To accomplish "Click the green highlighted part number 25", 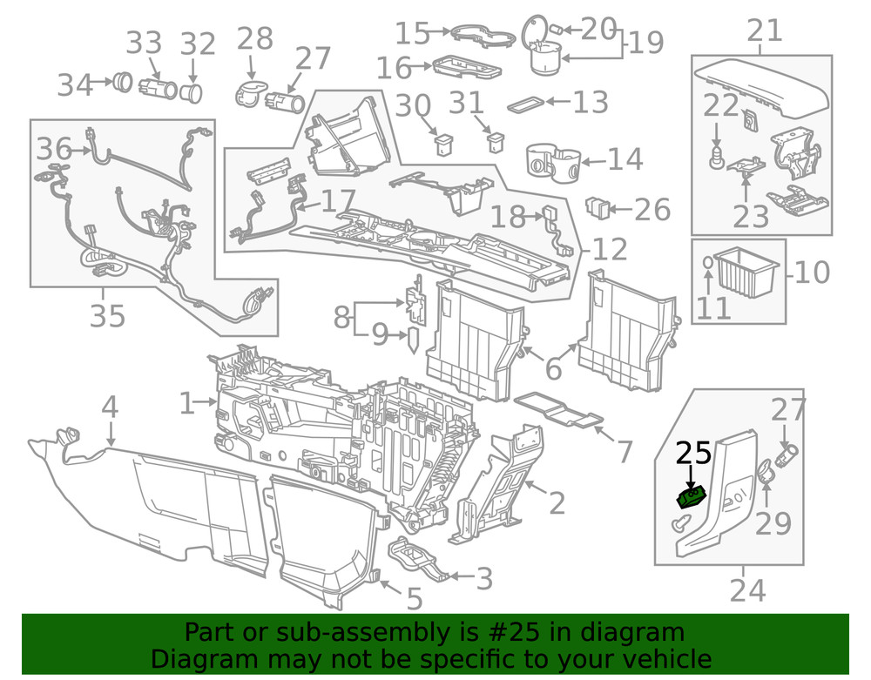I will tap(692, 497).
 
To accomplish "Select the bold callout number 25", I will tap(694, 453).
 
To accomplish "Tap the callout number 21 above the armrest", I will tap(765, 32).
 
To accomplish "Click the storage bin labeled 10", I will tap(747, 273).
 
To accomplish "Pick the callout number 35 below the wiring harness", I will tap(108, 315).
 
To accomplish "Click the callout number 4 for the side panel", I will tap(109, 407).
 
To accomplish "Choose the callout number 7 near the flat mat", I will tap(625, 451).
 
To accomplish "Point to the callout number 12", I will tap(609, 250).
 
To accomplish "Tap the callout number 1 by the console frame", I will tap(186, 402).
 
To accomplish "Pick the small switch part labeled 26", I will tap(598, 208).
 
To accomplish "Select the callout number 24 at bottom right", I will tap(747, 590).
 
